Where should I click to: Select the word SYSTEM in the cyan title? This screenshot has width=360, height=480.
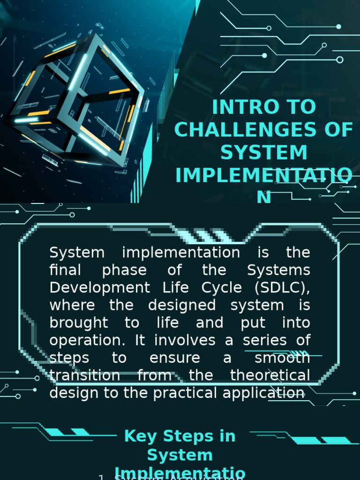pyautogui.click(x=264, y=153)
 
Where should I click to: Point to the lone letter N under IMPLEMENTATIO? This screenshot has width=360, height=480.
pyautogui.click(x=264, y=198)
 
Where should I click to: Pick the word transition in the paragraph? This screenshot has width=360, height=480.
pyautogui.click(x=85, y=375)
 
